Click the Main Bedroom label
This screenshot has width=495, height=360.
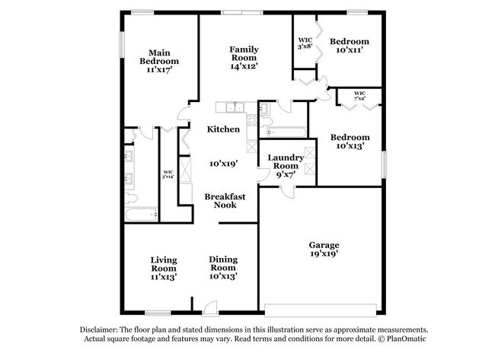coord(159,56)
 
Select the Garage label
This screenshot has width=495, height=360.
coord(324,245)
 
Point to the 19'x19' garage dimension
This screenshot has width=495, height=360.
coord(324,255)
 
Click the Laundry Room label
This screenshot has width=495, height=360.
coord(286,161)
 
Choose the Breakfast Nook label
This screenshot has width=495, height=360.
coord(225,200)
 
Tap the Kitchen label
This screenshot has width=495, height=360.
coord(224,129)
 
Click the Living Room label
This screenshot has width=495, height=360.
coord(163,264)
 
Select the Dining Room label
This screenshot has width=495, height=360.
coord(223,264)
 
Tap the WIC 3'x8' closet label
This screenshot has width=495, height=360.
coord(305,43)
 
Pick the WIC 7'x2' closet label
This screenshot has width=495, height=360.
coord(360,97)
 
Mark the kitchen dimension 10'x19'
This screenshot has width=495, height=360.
coord(224,163)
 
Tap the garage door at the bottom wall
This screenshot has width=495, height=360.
coord(320,308)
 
